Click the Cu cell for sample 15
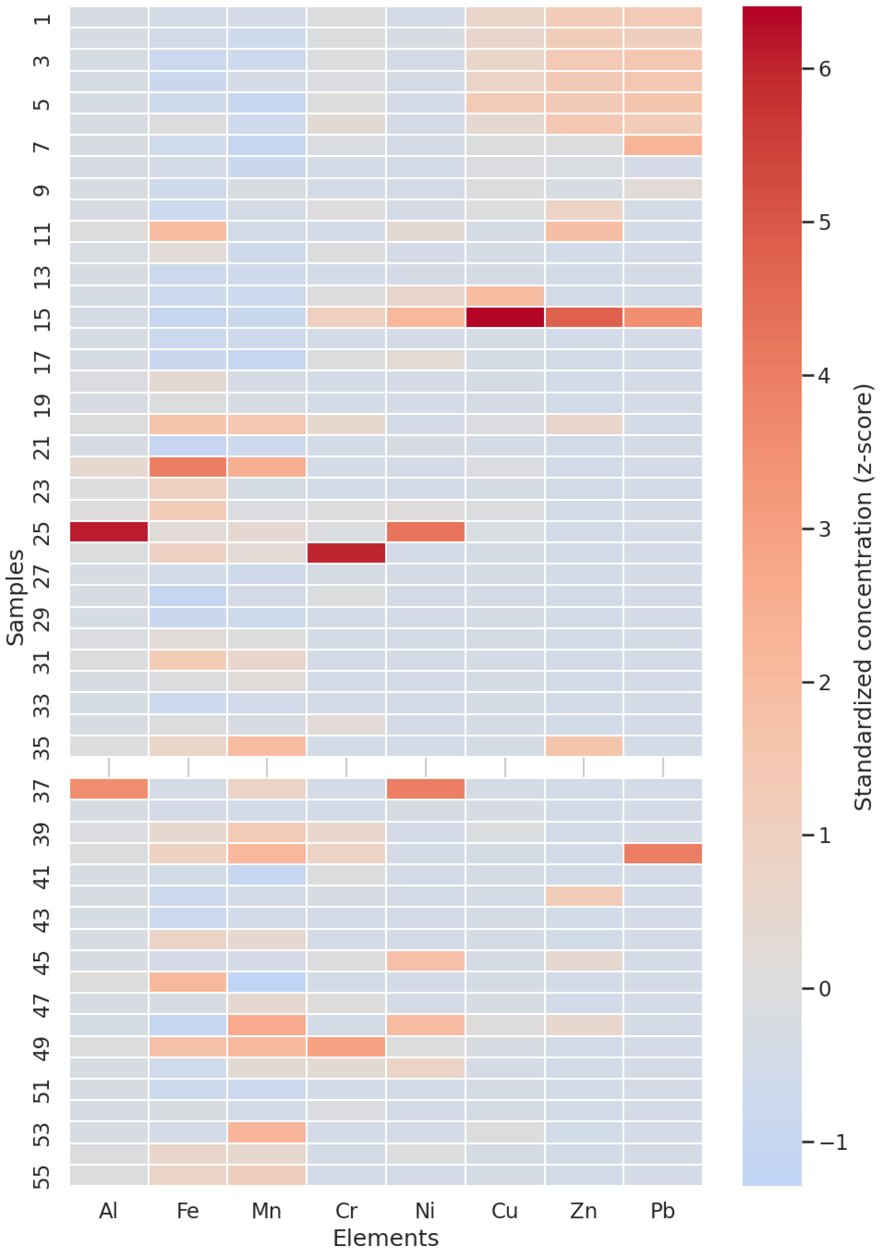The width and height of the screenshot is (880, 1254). (x=505, y=317)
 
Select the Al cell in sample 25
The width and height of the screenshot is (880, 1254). (x=109, y=531)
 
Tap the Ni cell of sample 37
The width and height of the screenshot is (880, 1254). (x=425, y=789)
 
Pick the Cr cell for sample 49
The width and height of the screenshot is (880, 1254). (x=346, y=1047)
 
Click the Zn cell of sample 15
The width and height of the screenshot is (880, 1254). (x=584, y=317)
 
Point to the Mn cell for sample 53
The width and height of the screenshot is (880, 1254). (x=267, y=1132)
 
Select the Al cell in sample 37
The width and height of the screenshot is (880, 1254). (x=109, y=789)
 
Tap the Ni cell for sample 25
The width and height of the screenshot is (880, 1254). (x=425, y=531)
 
